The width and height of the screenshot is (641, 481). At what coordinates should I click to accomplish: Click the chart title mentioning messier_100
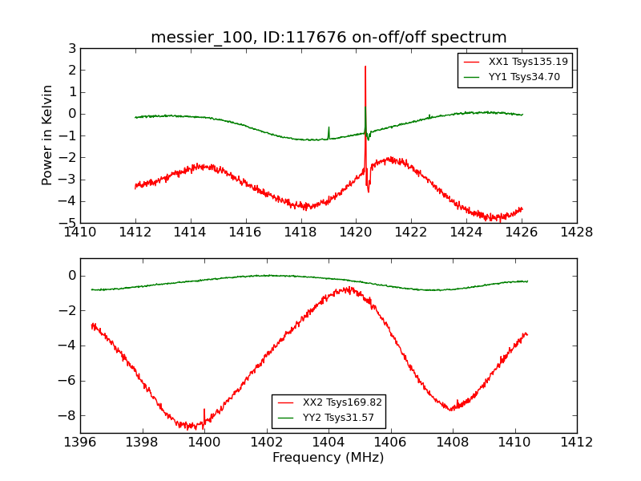pos(329,38)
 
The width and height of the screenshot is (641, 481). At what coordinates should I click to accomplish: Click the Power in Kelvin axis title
pos(48,135)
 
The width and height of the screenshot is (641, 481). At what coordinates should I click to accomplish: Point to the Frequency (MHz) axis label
pos(328,458)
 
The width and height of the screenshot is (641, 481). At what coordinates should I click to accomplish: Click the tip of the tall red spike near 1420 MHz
pos(365,67)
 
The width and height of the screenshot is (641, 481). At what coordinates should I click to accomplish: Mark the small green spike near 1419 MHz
pos(329,127)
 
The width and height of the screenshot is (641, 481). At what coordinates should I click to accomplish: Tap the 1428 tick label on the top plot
pos(576,232)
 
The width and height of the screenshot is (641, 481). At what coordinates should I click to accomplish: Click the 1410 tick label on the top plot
pos(80,232)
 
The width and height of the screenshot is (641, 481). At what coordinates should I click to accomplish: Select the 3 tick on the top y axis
pos(71,48)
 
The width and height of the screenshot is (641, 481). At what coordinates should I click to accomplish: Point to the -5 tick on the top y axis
pos(69,223)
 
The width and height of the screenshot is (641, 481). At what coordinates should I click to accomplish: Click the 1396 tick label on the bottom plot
pos(80,443)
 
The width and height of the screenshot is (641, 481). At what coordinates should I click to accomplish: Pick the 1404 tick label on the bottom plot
pos(328,443)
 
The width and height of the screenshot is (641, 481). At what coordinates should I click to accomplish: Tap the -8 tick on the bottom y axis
pos(69,415)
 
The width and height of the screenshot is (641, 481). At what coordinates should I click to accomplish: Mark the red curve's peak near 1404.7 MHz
pos(349,287)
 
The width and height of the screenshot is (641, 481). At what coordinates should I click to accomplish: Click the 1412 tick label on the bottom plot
pos(576,443)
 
